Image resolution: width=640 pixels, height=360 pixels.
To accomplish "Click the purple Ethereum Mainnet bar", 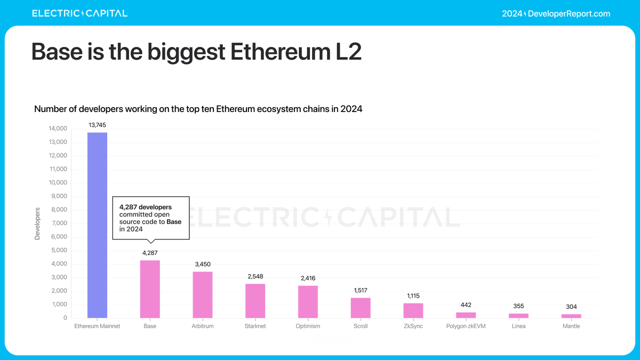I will click(x=97, y=225).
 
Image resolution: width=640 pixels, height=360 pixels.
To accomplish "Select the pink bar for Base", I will click(x=150, y=289).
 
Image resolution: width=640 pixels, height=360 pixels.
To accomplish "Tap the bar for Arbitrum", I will click(x=203, y=294).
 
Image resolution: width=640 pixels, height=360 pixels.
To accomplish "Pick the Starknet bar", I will click(x=255, y=301).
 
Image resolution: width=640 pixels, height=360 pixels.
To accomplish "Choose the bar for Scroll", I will click(x=361, y=308).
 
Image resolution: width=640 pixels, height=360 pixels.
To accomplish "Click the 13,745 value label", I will click(x=97, y=125).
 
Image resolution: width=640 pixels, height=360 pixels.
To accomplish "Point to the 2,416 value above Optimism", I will click(x=308, y=278).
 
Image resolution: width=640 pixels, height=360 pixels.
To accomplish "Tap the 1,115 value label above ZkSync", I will click(x=413, y=295).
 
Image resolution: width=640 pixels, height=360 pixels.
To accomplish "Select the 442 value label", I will click(x=466, y=305).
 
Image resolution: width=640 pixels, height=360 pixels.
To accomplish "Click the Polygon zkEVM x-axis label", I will click(x=466, y=326).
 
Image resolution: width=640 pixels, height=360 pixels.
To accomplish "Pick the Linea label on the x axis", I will click(x=518, y=326).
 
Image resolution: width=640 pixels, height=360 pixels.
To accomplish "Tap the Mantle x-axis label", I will click(x=571, y=326).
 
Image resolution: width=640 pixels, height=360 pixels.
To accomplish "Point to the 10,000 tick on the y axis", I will click(x=58, y=183).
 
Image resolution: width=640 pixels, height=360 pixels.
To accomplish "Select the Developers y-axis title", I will click(x=37, y=223).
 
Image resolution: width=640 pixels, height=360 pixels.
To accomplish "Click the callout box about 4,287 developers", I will click(x=150, y=218).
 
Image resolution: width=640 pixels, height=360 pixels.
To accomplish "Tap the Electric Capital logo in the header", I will click(x=79, y=13).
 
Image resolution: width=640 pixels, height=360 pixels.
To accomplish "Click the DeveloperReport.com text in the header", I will click(x=569, y=13).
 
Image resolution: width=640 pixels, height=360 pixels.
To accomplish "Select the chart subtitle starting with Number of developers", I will click(x=198, y=109).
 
